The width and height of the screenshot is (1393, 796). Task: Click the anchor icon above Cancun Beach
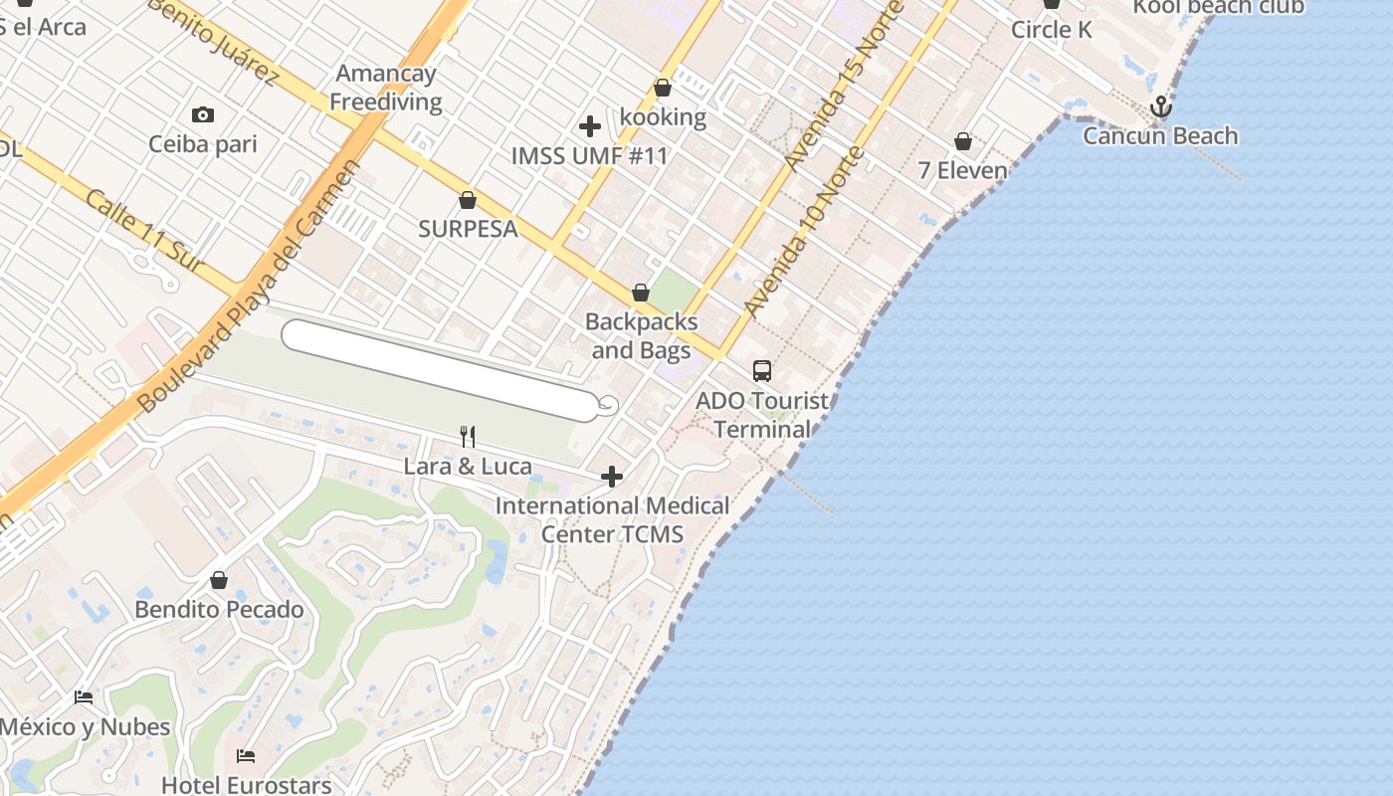click(x=1160, y=106)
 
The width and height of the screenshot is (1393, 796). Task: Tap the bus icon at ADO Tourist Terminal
click(x=762, y=371)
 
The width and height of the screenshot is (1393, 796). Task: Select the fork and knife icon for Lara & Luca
click(x=468, y=436)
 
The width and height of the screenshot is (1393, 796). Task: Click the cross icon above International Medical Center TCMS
click(x=612, y=477)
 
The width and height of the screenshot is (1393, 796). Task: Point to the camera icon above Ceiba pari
click(x=203, y=115)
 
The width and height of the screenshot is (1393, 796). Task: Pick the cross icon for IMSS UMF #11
click(x=590, y=126)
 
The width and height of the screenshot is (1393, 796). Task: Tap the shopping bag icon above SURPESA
click(x=468, y=200)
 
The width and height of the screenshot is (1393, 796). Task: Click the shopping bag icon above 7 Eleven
click(x=962, y=141)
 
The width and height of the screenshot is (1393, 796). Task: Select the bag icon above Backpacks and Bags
click(x=641, y=293)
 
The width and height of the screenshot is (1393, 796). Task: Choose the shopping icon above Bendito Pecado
click(x=219, y=580)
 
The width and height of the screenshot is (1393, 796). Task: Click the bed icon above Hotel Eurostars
click(x=246, y=756)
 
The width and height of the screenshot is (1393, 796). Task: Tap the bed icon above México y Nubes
click(x=84, y=697)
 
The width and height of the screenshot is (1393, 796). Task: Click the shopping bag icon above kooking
click(x=663, y=89)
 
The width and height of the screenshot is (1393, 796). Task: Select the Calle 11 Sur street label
click(x=143, y=230)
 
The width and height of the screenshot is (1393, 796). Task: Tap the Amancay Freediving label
click(x=386, y=88)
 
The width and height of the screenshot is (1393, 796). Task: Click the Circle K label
click(x=1051, y=30)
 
